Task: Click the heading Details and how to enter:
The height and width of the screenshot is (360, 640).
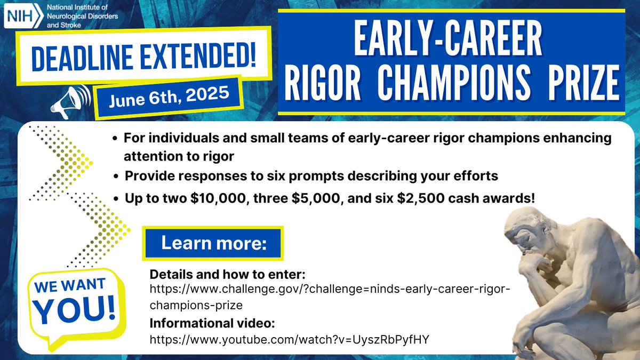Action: coord(227,275)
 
